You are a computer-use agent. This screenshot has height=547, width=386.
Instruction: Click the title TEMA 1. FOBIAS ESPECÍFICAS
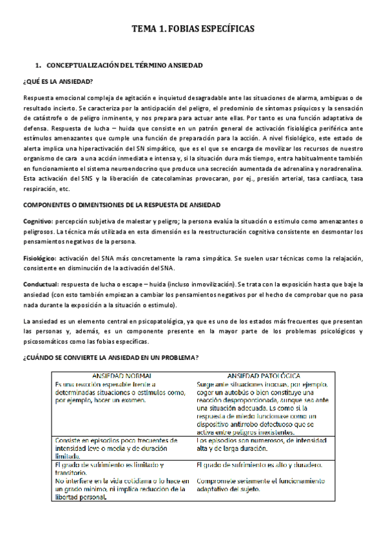(193, 29)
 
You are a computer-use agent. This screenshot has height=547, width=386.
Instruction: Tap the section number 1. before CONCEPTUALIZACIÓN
(39, 66)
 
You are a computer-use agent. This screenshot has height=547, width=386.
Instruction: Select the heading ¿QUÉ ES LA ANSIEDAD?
(57, 81)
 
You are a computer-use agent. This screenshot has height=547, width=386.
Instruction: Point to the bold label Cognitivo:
(39, 221)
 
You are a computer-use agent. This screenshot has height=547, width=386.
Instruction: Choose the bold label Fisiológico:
(41, 258)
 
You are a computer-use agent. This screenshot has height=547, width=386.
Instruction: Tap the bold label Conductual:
(41, 284)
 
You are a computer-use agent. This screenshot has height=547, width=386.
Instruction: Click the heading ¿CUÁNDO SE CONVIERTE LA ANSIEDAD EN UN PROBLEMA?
(110, 358)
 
